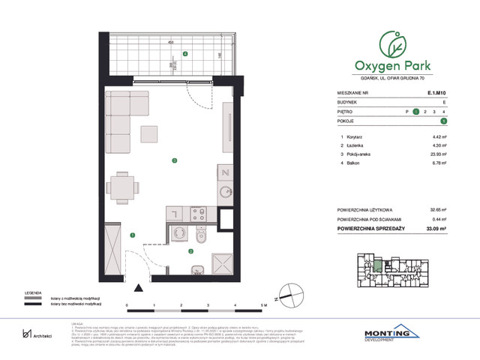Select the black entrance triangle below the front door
136,287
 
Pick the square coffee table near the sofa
149,134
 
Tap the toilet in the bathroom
193,238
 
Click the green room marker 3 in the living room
174,160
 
